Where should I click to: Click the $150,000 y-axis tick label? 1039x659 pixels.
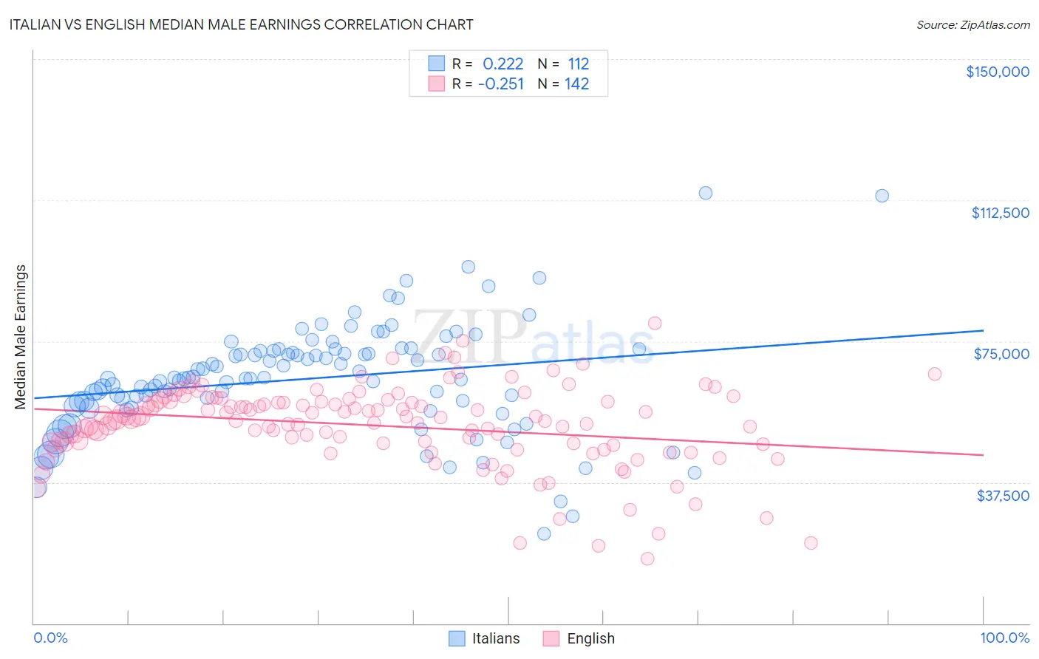click(x=997, y=72)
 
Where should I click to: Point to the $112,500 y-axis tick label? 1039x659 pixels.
click(x=1000, y=213)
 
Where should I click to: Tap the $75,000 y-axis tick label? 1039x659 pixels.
click(x=1001, y=354)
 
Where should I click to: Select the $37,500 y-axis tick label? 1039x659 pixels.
click(x=1003, y=496)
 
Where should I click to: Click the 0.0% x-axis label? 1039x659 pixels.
click(x=50, y=638)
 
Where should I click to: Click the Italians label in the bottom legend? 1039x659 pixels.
click(x=496, y=638)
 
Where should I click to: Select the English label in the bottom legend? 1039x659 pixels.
click(x=590, y=638)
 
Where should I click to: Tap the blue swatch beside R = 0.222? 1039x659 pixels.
click(x=437, y=64)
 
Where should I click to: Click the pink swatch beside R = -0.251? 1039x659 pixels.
click(x=437, y=83)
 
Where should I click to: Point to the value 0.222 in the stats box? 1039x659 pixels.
click(x=503, y=64)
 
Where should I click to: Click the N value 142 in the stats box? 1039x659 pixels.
click(x=576, y=83)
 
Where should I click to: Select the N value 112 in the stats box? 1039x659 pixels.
click(x=578, y=64)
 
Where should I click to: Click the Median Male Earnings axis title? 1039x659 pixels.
click(x=21, y=336)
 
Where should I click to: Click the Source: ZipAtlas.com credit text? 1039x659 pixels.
click(x=972, y=24)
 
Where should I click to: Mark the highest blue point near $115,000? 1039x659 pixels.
click(x=706, y=193)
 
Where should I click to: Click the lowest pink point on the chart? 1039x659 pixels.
click(x=647, y=559)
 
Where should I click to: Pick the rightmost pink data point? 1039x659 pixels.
click(x=935, y=374)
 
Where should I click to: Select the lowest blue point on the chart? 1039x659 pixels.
click(x=544, y=533)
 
